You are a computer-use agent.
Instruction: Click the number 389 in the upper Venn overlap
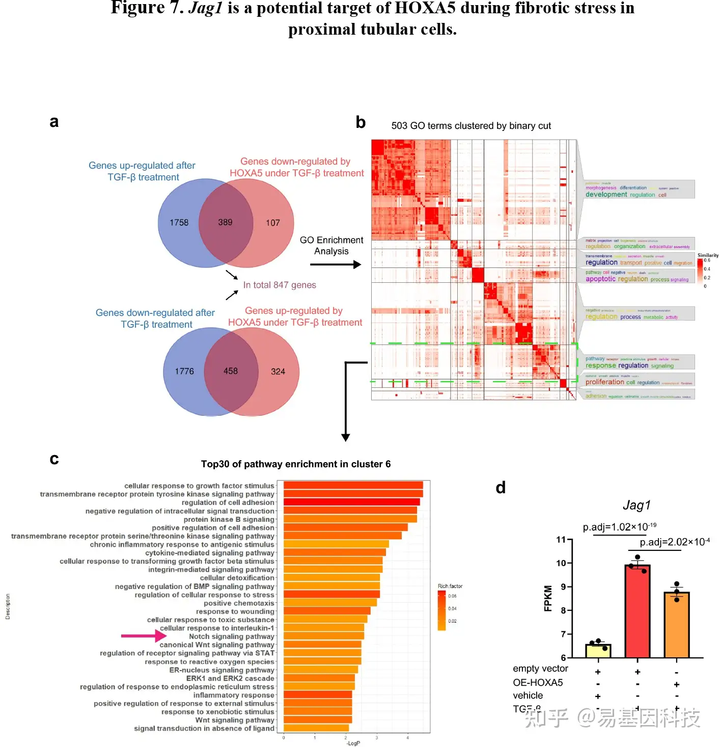point(225,222)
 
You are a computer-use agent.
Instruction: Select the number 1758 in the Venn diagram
point(179,223)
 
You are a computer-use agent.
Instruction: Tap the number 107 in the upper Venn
point(272,223)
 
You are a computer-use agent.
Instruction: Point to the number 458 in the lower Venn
point(230,371)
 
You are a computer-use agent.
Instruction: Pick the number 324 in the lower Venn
point(278,371)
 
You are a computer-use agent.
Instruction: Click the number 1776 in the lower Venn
point(184,371)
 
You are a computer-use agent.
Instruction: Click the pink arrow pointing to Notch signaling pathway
point(144,636)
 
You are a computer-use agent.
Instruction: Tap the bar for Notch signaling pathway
point(323,636)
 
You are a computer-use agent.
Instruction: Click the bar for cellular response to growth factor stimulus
point(353,486)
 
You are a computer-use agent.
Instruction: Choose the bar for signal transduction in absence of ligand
point(316,728)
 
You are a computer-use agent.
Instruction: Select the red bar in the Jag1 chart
point(637,611)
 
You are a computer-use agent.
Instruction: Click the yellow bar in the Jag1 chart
point(598,651)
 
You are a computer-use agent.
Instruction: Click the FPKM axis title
point(548,598)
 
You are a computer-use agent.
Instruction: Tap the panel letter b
point(361,122)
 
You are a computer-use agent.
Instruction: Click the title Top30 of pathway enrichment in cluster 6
point(295,464)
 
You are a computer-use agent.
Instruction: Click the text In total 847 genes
point(280,285)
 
